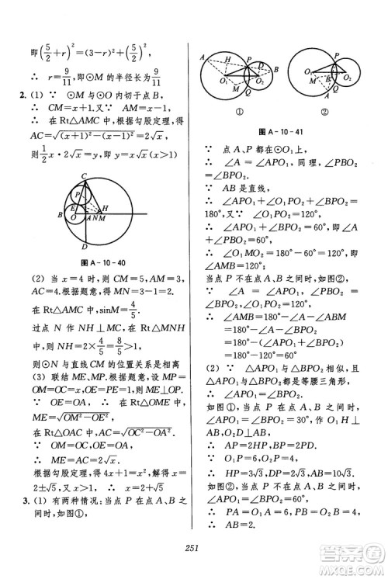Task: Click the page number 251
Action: (193, 550)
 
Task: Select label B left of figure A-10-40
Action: (61, 215)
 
